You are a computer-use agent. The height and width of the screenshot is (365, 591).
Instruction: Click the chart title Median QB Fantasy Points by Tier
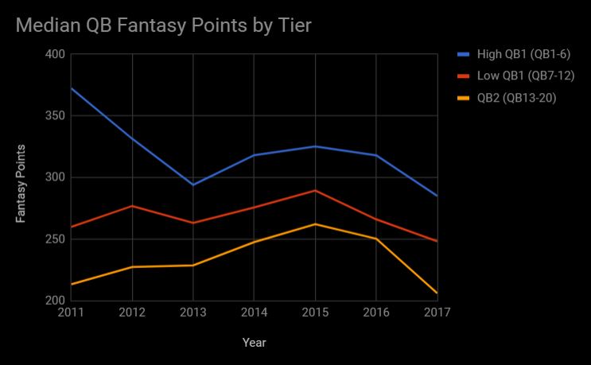click(163, 25)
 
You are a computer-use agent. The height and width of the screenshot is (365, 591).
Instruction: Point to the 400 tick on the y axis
click(55, 54)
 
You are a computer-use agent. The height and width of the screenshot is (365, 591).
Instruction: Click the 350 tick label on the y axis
click(55, 116)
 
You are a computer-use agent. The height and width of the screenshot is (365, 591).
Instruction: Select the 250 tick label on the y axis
click(55, 239)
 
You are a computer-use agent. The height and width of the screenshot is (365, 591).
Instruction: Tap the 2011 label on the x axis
click(71, 313)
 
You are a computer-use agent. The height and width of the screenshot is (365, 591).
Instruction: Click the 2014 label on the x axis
click(254, 313)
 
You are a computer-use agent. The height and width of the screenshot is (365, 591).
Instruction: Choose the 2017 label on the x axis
click(437, 313)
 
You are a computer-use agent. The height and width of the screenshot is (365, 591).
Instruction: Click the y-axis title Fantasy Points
click(21, 184)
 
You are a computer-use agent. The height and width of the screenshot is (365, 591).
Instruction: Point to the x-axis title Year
click(255, 343)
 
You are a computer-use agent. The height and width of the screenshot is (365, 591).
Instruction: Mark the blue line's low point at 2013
click(193, 184)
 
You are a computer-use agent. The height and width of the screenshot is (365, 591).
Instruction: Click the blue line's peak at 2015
click(315, 146)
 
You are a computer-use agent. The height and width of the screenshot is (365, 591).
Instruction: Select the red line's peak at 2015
click(315, 191)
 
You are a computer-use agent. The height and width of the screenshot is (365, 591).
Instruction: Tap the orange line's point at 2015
click(315, 224)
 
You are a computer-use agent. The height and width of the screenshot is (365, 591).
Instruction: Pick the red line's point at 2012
click(132, 206)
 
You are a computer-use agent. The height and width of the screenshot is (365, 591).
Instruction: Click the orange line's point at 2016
click(376, 239)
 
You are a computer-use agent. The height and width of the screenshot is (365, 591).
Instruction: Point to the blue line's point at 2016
click(376, 155)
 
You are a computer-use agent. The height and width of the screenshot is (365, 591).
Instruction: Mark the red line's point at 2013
click(193, 223)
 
